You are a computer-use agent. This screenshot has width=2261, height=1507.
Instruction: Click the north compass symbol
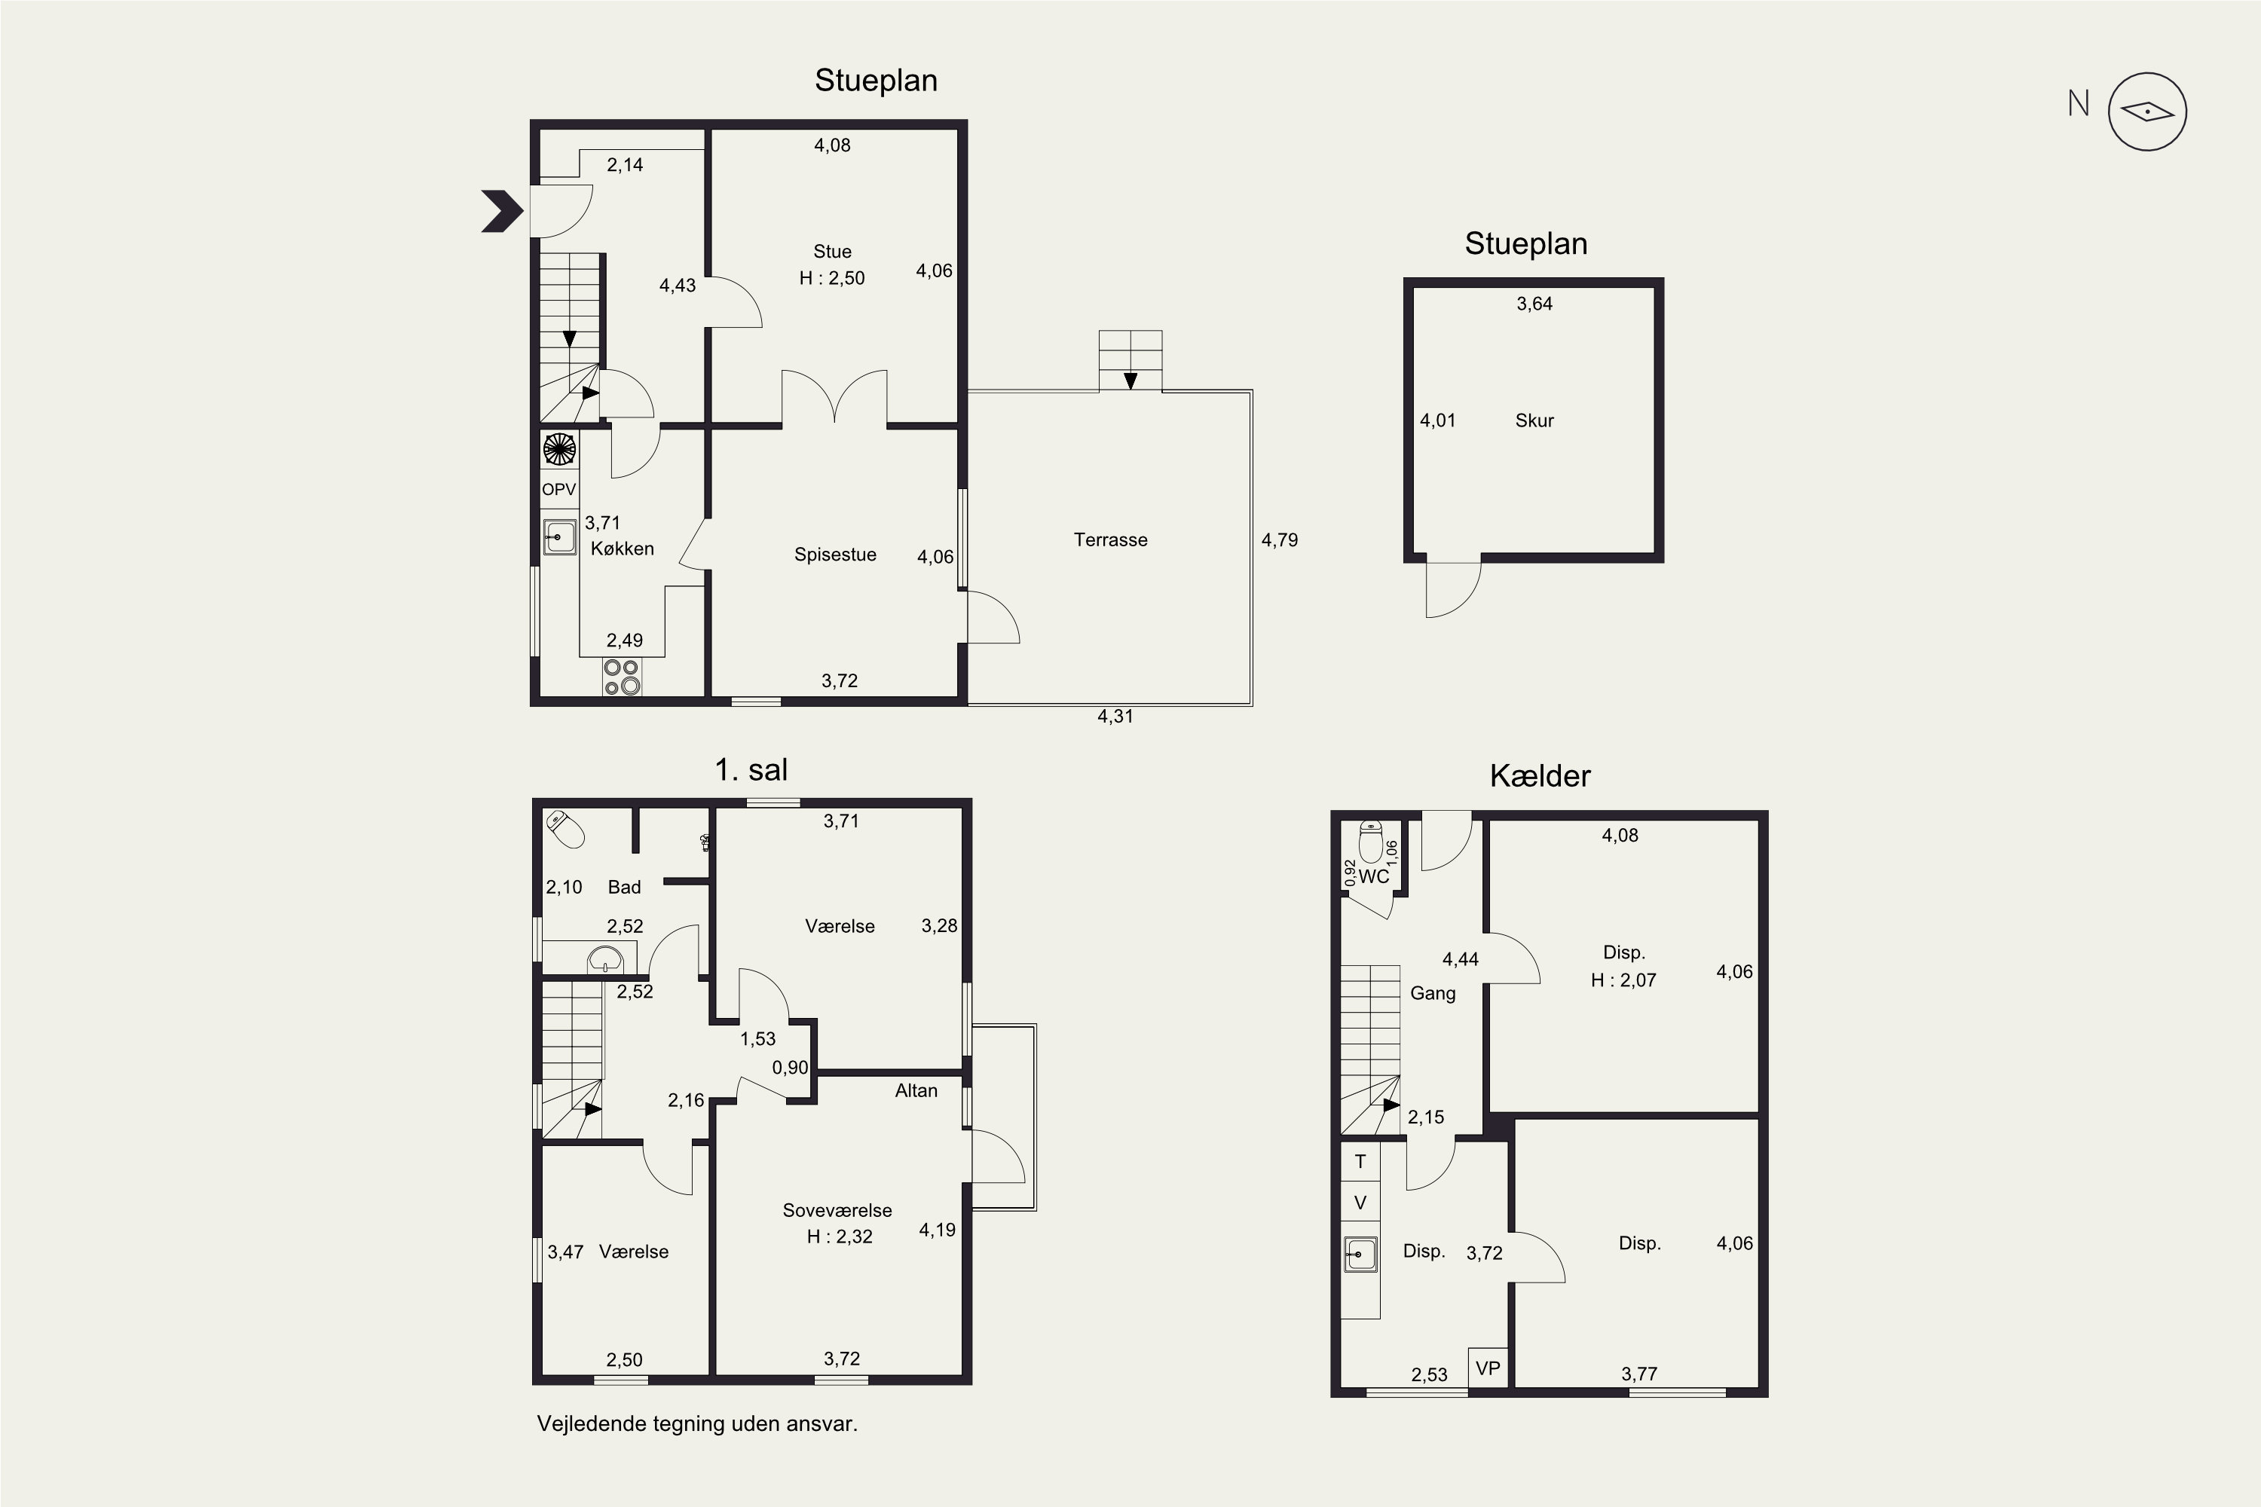2146,112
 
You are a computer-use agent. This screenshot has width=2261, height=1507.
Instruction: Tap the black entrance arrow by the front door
502,212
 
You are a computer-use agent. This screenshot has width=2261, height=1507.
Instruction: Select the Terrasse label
1110,540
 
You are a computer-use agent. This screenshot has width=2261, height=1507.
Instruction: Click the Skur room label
1534,420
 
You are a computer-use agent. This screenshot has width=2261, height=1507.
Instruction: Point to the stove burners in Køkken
622,677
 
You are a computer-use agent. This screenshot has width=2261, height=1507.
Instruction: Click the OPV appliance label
558,489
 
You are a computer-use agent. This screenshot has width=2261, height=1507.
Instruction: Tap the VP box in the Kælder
1488,1368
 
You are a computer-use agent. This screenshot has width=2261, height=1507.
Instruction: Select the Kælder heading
1540,775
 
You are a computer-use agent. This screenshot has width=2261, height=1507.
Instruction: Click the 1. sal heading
751,770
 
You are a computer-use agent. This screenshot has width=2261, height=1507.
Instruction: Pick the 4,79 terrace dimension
1280,540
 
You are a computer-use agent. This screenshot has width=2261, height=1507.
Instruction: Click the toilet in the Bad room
565,828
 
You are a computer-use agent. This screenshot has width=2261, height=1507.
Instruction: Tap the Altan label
916,1091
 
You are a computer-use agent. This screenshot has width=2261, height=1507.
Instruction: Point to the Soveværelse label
837,1211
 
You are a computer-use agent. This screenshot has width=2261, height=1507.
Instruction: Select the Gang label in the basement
1433,994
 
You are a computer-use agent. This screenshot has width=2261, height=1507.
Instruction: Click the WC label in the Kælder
1374,876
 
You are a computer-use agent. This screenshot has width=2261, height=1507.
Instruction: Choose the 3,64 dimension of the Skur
1534,304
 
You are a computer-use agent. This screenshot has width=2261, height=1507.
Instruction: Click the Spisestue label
835,555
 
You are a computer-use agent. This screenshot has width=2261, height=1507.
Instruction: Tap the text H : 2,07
1623,980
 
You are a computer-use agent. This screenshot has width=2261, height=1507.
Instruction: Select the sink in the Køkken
559,537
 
